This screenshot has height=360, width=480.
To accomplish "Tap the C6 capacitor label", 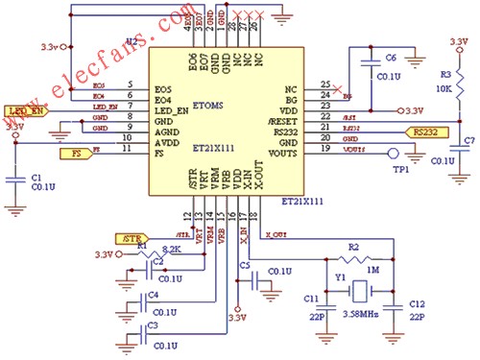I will coord(391,57).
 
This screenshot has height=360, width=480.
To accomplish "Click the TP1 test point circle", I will coord(391,152).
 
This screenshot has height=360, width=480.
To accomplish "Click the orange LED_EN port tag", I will coord(26,112).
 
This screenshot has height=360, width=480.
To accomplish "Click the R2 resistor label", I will coord(354,249).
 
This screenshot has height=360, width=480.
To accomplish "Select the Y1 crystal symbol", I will coord(356,289).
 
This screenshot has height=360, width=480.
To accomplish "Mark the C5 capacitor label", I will coord(246,264).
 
